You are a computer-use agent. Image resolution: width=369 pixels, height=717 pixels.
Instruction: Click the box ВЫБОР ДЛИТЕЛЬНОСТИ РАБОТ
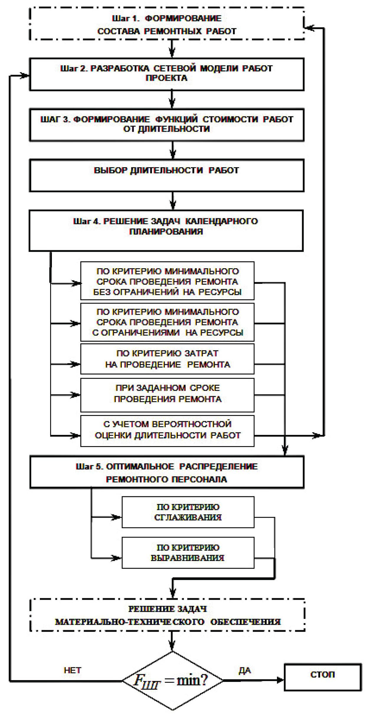click(x=166, y=175)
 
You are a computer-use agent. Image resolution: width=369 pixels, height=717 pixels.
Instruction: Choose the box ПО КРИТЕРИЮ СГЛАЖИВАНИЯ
click(x=188, y=512)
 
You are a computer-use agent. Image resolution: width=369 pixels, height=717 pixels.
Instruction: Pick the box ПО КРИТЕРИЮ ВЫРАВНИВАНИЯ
click(x=188, y=552)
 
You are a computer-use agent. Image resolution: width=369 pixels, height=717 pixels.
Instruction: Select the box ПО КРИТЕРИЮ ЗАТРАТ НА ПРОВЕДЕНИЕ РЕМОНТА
click(x=167, y=359)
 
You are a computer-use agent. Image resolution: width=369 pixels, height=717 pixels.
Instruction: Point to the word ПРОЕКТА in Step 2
click(x=166, y=78)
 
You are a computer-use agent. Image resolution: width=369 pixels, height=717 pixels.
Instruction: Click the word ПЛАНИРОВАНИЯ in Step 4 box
click(x=166, y=231)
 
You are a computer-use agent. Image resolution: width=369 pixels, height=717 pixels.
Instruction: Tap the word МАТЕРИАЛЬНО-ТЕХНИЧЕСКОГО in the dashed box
click(x=130, y=622)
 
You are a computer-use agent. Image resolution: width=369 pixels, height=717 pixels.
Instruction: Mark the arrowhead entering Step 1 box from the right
click(x=308, y=28)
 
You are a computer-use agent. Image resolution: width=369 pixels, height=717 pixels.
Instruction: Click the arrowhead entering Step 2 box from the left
click(x=25, y=76)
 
